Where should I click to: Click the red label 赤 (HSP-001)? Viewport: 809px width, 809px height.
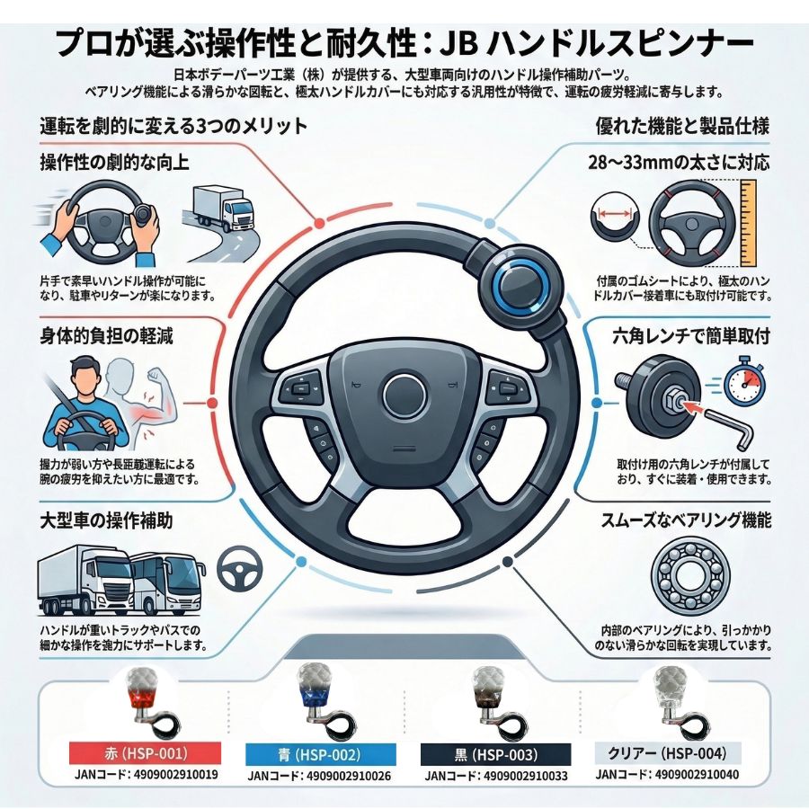[x=145, y=754]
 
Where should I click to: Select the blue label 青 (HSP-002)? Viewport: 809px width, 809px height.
[x=320, y=755]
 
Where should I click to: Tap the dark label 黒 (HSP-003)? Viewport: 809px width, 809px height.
[x=496, y=755]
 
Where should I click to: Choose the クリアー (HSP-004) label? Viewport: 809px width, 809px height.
[x=667, y=753]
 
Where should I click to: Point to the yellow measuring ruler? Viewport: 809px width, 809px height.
[x=748, y=224]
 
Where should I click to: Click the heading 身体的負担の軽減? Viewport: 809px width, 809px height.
[x=107, y=336]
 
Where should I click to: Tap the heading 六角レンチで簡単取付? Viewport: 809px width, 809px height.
[x=691, y=337]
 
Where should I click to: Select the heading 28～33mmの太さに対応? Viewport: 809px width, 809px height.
[x=679, y=163]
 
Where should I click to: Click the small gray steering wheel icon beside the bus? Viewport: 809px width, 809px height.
[x=240, y=569]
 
